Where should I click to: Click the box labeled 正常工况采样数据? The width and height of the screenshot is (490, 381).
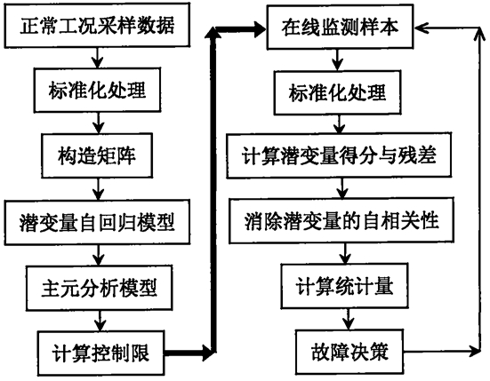tap(97, 25)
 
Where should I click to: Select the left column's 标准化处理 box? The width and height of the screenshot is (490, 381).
tap(97, 90)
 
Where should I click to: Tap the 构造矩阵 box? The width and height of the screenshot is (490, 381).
tap(97, 155)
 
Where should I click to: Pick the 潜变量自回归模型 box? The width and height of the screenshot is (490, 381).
tap(97, 222)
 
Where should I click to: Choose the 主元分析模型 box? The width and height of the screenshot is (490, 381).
tap(100, 288)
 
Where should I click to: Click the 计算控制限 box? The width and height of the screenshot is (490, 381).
tap(100, 353)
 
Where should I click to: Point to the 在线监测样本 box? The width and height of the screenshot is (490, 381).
tap(340, 27)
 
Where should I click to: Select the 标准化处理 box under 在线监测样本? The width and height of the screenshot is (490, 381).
tap(338, 92)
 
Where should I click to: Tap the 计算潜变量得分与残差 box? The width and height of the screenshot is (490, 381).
tap(339, 155)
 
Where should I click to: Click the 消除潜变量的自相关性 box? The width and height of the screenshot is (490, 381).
tap(341, 220)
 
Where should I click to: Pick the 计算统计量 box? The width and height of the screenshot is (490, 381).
tap(345, 286)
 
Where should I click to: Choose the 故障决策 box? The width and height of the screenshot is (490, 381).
tap(349, 352)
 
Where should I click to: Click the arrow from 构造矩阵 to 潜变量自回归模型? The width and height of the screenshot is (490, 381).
tap(99, 189)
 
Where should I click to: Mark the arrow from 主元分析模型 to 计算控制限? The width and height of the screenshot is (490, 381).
tap(100, 321)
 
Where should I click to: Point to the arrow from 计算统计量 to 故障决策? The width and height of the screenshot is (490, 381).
tap(348, 319)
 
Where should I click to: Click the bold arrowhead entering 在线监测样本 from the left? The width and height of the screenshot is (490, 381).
tap(260, 29)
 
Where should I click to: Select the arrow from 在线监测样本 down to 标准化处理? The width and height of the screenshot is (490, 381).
tap(337, 60)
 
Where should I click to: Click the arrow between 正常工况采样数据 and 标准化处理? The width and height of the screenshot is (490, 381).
tap(98, 58)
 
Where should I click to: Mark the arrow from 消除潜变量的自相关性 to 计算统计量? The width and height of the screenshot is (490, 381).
tap(345, 254)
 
